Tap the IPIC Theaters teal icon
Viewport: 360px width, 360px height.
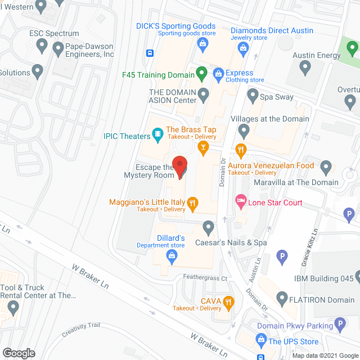[x=158, y=134]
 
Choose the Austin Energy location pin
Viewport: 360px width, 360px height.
[x=305, y=67]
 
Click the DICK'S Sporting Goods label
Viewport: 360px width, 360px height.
[x=176, y=26]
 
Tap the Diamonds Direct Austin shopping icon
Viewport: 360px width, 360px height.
[x=243, y=49]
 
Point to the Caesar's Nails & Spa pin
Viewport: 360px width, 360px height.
[x=209, y=228]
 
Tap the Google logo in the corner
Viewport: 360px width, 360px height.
[x=18, y=353]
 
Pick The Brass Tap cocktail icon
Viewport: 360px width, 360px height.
[x=203, y=147]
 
